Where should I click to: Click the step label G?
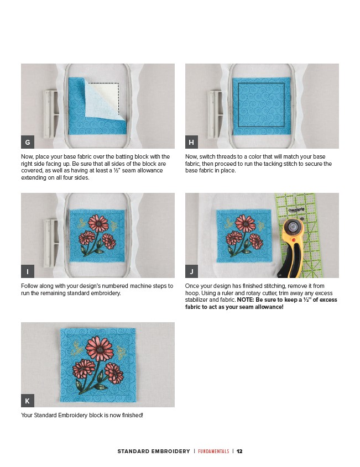pos(28,142)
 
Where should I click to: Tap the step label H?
pos(192,142)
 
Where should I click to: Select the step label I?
pos(28,271)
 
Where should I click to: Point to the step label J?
pos(192,271)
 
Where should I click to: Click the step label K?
pos(28,401)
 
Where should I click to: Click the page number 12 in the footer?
pos(239,451)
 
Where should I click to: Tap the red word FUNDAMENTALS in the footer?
pos(213,451)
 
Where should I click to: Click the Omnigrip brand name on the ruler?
pos(296,209)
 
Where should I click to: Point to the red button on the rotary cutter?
pos(294,240)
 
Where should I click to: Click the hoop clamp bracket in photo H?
pos(215,114)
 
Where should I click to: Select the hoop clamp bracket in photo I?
pos(51,243)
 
